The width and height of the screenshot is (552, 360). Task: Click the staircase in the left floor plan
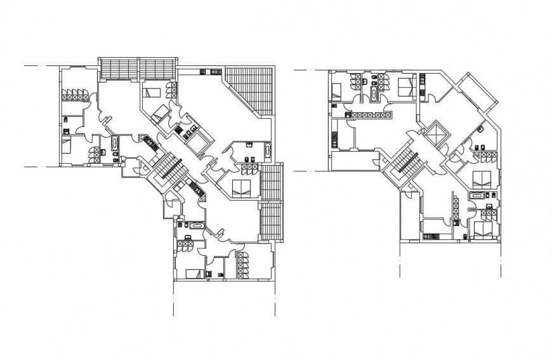click(169, 167)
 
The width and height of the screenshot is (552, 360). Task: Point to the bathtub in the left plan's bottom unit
click(196, 225)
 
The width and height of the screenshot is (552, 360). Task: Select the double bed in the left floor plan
click(242, 187)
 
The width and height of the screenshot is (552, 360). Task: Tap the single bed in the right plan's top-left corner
click(337, 90)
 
